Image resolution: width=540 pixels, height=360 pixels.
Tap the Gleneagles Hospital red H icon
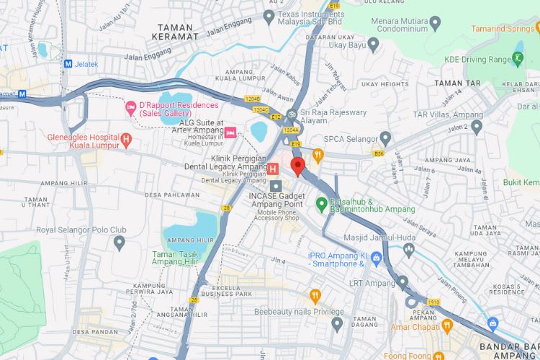[126, 139]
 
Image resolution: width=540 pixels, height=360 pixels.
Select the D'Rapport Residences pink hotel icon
[130, 108]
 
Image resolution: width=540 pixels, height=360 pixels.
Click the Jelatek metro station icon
[68, 63]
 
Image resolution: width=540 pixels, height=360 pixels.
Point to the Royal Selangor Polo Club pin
[120, 243]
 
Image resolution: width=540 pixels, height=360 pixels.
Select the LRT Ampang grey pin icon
[402, 282]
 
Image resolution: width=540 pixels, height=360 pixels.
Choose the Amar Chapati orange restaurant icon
[447, 326]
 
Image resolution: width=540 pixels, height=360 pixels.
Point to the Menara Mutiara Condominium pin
[434, 22]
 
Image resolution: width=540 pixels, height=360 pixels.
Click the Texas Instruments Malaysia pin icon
[269, 16]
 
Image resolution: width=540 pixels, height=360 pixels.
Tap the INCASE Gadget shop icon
[276, 186]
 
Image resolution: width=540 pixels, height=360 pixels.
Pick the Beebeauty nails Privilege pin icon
[337, 323]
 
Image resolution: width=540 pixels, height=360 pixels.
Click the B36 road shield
[379, 153]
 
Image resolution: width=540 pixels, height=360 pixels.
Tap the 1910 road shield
[433, 302]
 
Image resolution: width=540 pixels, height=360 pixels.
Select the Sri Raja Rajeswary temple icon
[292, 113]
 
